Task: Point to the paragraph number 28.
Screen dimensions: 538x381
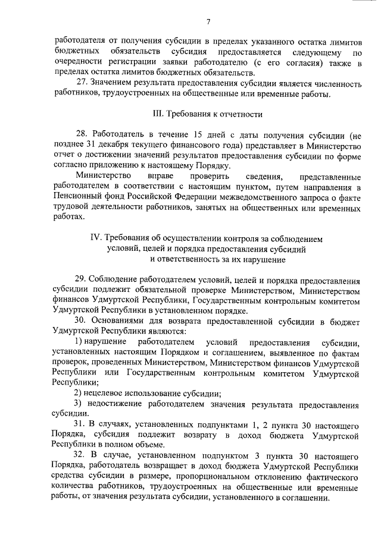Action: [x=83, y=136]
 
